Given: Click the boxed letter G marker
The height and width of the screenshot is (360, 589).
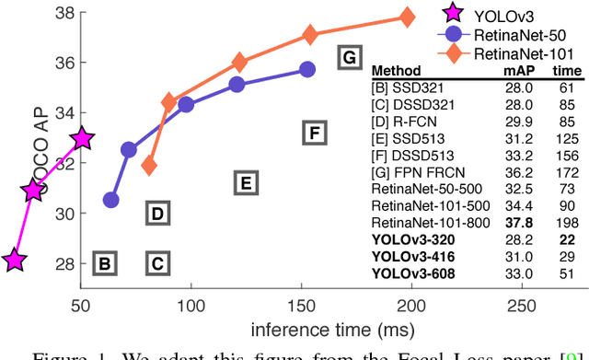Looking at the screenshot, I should click(348, 57).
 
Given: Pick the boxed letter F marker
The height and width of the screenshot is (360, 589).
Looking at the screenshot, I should click(314, 134).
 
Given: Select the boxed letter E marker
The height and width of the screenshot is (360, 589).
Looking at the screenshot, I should click(244, 184).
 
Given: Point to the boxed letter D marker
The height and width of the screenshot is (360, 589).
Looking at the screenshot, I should click(157, 215).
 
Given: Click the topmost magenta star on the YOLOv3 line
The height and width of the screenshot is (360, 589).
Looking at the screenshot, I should click(83, 138).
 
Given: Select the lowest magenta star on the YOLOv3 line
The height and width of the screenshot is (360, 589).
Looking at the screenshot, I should click(13, 261).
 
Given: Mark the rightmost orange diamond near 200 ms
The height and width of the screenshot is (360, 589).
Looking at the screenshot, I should click(407, 17).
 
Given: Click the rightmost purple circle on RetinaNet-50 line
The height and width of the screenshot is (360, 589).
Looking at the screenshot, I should click(307, 69).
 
